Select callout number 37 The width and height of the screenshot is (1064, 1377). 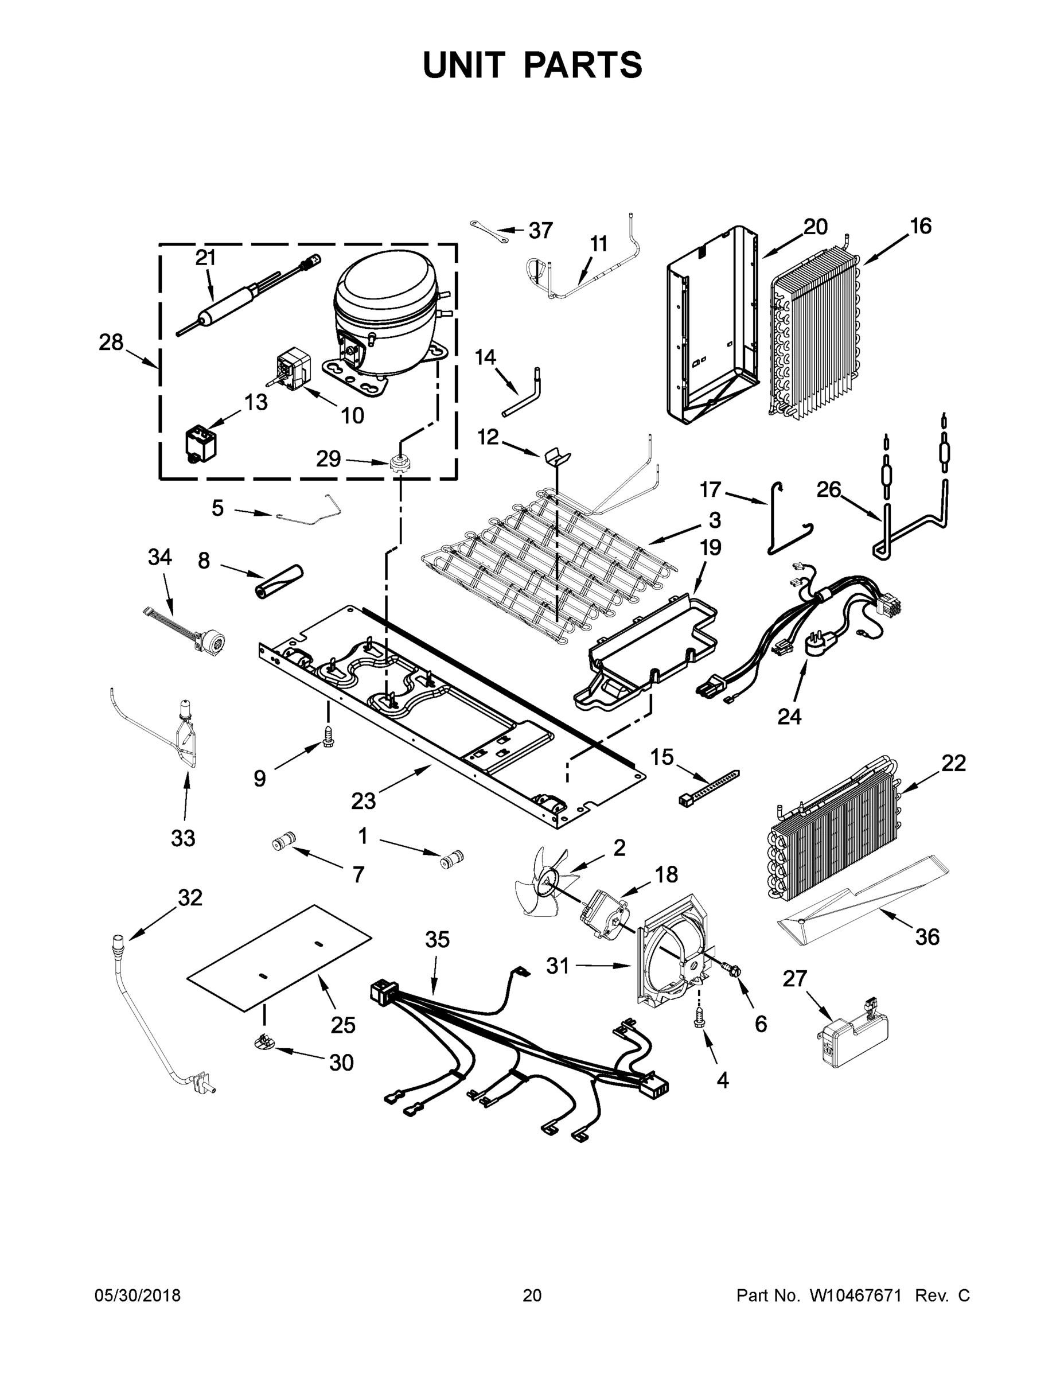tap(540, 231)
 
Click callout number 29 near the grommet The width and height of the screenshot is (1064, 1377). tap(329, 459)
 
